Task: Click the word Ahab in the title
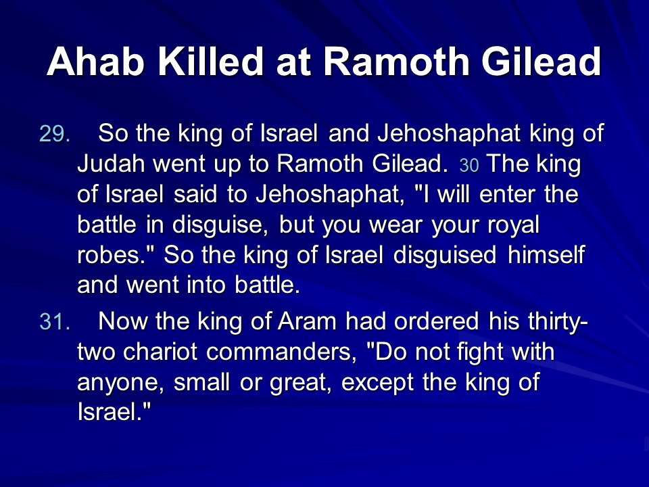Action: pyautogui.click(x=95, y=62)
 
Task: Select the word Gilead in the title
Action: pyautogui.click(x=541, y=62)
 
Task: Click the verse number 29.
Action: pyautogui.click(x=55, y=134)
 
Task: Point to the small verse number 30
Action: pyautogui.click(x=469, y=166)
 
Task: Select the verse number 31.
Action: pyautogui.click(x=55, y=321)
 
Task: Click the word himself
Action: pyautogui.click(x=546, y=254)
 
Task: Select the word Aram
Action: pyautogui.click(x=307, y=321)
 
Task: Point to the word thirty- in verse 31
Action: pyautogui.click(x=538, y=322)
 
